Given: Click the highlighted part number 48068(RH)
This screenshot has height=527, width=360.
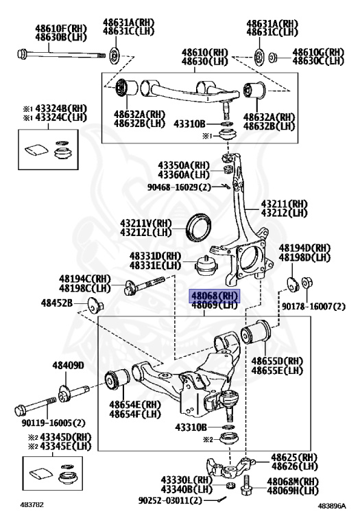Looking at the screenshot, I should tap(213, 296).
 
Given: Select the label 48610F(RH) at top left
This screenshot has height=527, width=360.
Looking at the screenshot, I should tap(60, 30).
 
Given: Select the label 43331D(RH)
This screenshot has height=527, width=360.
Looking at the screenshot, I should tap(156, 256).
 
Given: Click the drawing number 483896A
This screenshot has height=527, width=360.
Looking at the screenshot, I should tap(332, 506).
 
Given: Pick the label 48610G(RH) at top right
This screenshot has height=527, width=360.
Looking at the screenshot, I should tap(318, 51).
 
